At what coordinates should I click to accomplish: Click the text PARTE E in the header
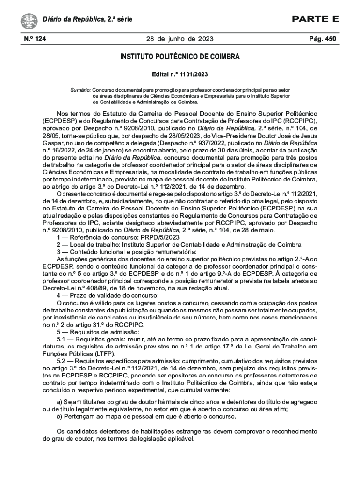pos(316,19)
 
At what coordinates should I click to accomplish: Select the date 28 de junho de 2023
pos(180,39)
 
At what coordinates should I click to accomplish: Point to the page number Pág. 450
pos(323,39)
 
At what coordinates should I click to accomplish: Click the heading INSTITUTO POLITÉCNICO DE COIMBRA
pos(180,58)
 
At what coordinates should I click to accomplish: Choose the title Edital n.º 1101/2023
pos(180,74)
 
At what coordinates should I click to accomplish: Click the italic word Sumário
pos(81,89)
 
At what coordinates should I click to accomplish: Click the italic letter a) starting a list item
pos(59,402)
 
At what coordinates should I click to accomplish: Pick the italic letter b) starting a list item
pos(59,416)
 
